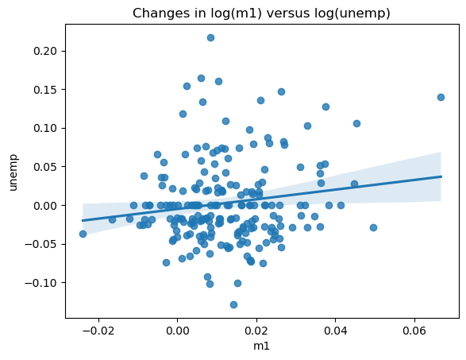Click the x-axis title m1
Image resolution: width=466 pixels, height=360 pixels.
(x=261, y=347)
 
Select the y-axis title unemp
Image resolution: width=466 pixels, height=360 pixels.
(x=12, y=172)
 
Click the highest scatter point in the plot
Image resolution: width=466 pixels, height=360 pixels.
(x=210, y=37)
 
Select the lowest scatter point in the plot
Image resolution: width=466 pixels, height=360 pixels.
(x=233, y=304)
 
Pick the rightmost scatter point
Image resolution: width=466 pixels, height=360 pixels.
(x=441, y=97)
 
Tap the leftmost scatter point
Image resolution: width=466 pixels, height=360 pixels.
(x=83, y=234)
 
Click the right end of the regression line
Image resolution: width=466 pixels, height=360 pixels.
(x=441, y=176)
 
